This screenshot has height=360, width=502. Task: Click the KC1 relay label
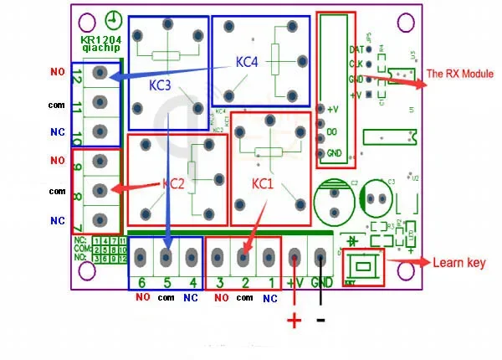coord(263,182)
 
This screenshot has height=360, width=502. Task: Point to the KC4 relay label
coord(248,61)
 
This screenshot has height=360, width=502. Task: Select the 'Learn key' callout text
coord(458,264)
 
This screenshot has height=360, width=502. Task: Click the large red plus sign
coord(295,320)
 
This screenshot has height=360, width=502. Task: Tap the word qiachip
coord(99,49)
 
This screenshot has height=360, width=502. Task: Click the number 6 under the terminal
coord(141,282)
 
